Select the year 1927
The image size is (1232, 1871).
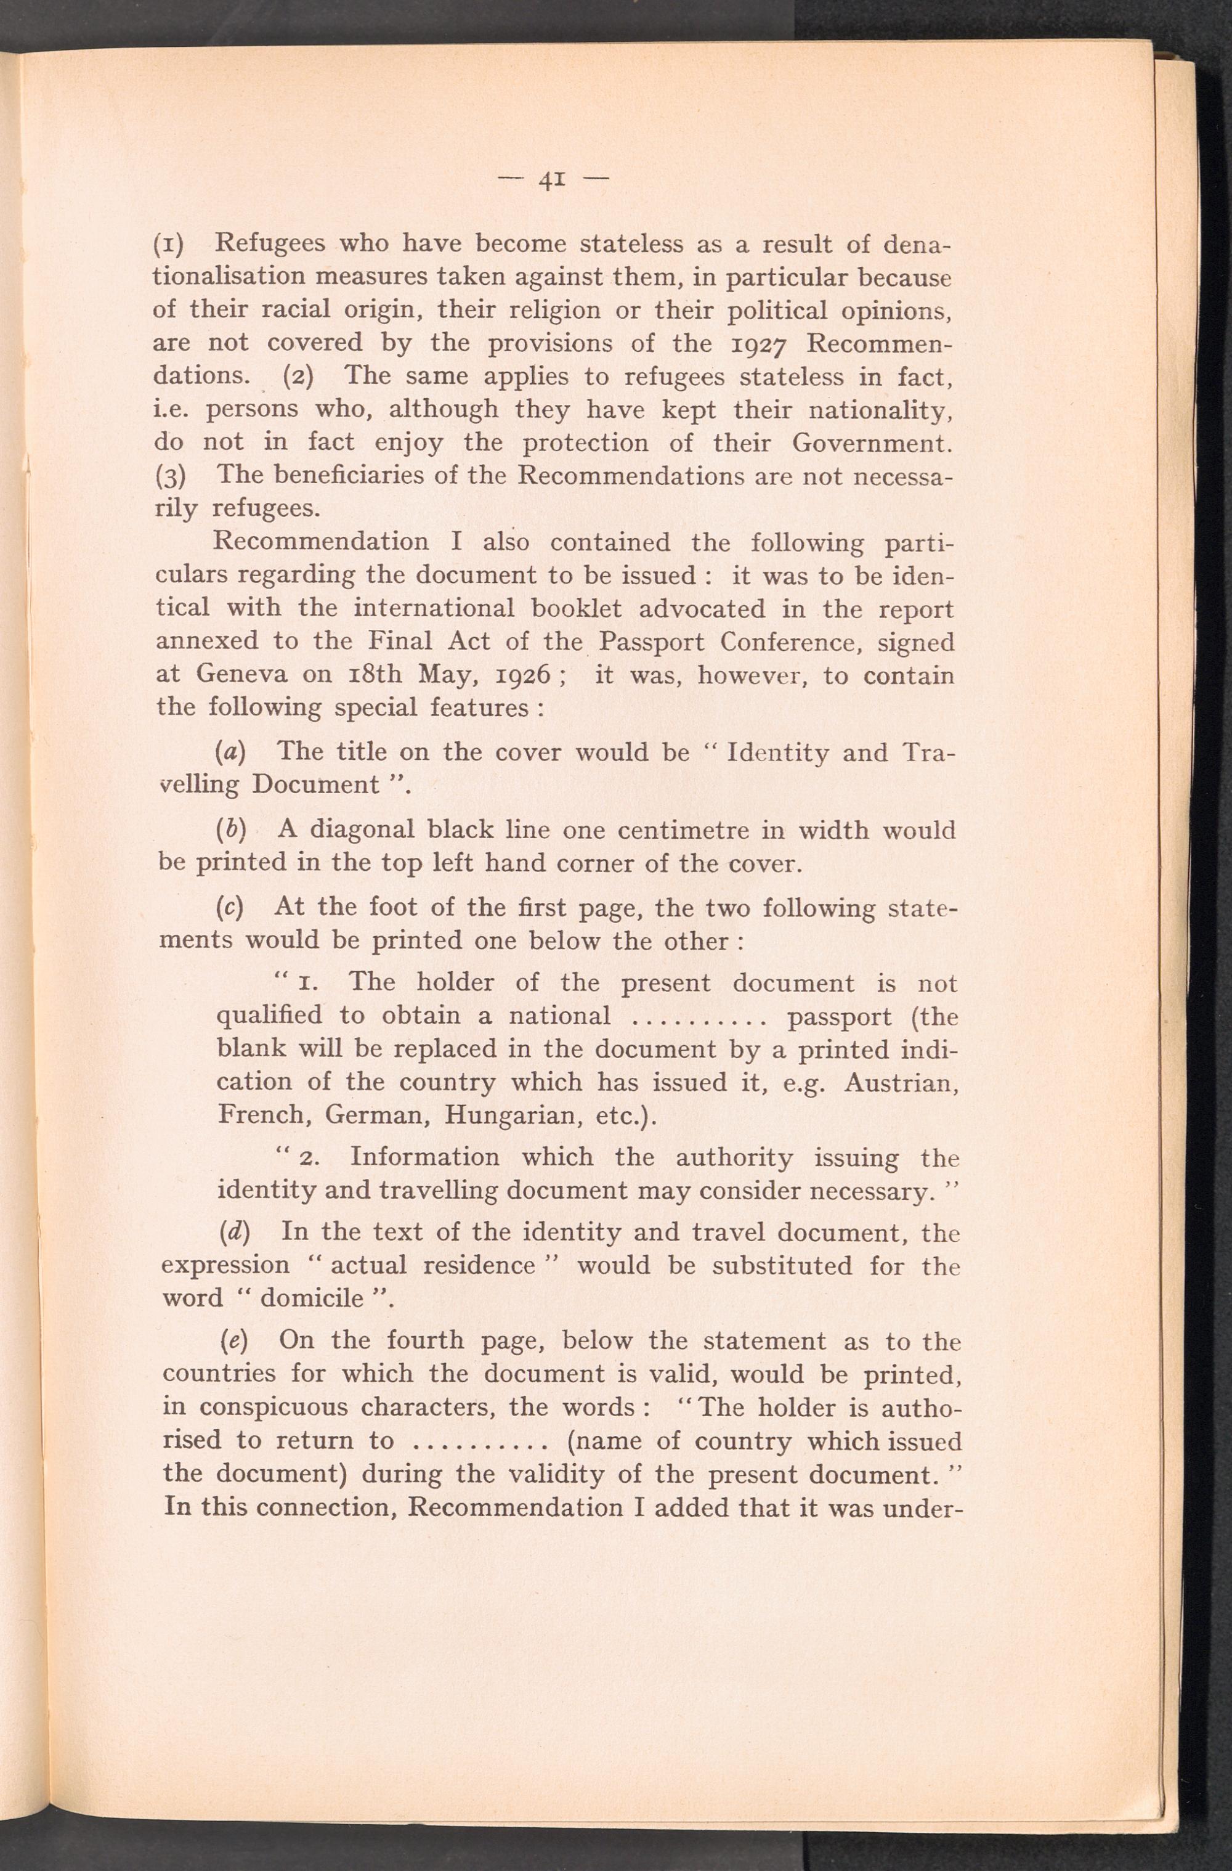point(754,343)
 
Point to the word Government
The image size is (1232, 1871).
point(872,442)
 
